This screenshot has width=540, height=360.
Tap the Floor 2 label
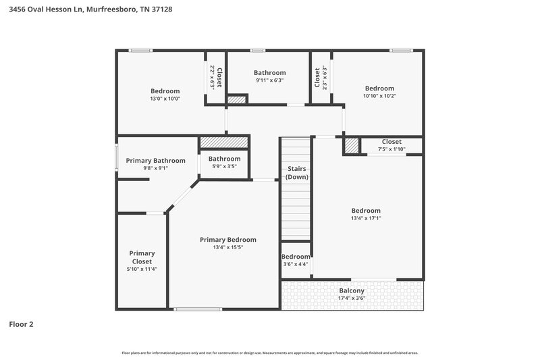(x=21, y=324)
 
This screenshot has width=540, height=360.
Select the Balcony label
(x=352, y=290)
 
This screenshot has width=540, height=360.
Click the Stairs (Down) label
(x=296, y=172)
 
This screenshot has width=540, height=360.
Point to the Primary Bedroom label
(x=228, y=240)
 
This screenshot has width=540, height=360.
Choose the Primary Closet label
(x=142, y=257)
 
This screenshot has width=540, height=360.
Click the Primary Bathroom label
(x=155, y=161)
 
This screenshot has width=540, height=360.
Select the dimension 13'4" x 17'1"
(x=366, y=218)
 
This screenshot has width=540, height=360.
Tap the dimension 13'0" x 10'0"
(x=165, y=99)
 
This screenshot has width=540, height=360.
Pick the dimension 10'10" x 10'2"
(x=379, y=96)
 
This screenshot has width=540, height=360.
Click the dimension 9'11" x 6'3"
(x=269, y=80)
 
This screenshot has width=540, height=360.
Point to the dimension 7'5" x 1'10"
(x=391, y=149)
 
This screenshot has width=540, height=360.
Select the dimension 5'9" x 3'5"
(x=224, y=166)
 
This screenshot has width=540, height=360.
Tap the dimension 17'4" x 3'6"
(x=352, y=298)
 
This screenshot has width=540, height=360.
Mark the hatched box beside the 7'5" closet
(x=352, y=145)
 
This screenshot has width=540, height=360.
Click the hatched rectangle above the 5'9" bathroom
(x=224, y=143)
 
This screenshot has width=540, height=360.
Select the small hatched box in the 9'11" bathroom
(x=236, y=100)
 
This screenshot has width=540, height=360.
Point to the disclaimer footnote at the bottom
(x=270, y=353)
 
